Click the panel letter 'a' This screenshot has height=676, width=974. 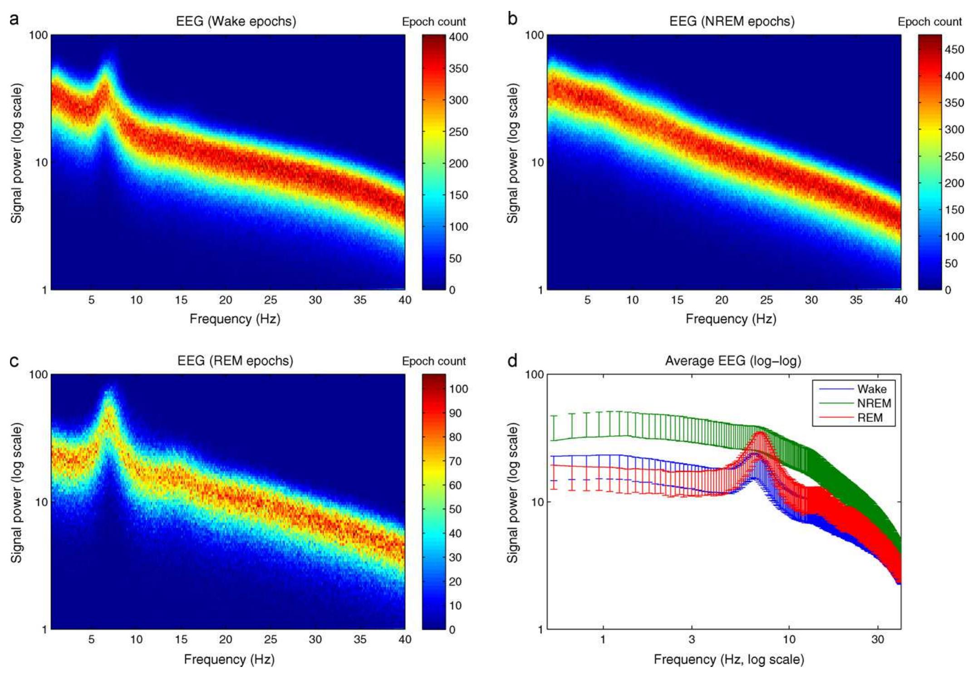pos(14,20)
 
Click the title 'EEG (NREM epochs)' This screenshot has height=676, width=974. pos(732,21)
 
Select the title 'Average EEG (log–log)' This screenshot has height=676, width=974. pos(733,361)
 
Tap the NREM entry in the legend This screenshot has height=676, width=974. pos(874,403)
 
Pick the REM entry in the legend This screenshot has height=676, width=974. pos(870,418)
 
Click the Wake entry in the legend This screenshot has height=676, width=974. pos(871,389)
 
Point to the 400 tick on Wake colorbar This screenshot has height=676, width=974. pos(458,37)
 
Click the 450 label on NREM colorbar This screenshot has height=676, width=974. pos(954,49)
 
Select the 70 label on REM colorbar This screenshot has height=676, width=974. pos(455,461)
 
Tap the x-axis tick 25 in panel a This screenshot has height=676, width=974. pos(271,300)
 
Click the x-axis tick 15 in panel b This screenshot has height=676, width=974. pos(677,300)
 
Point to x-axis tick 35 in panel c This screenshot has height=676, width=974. pos(360,639)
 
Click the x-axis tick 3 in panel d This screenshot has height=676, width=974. pos(692,639)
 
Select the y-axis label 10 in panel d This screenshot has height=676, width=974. pos(537,502)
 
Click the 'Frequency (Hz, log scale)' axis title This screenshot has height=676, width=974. pos(729,659)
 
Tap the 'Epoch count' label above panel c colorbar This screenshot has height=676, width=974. pos(433,361)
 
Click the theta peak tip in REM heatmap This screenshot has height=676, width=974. pos(109,390)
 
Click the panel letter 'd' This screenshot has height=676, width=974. pos(512,361)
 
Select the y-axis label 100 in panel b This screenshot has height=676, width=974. pos(534,35)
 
